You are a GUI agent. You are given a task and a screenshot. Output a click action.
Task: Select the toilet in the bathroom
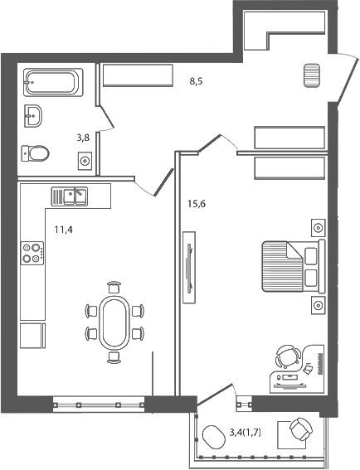click(x=35, y=152)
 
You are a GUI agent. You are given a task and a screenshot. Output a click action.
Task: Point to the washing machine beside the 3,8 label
click(x=85, y=159)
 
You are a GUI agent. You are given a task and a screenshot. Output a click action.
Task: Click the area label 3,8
click(x=84, y=138)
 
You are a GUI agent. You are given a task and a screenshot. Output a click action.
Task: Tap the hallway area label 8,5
click(x=197, y=81)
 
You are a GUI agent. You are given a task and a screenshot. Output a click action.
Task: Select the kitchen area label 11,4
click(x=64, y=230)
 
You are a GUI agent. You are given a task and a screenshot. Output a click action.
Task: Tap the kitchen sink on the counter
click(x=71, y=196)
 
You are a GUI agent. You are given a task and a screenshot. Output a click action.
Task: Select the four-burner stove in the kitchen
click(x=32, y=252)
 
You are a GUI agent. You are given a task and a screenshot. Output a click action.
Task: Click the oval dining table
click(x=114, y=323)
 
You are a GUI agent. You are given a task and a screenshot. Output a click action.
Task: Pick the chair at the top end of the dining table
click(x=114, y=288)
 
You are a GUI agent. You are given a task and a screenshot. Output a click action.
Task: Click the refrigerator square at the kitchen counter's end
click(x=31, y=335)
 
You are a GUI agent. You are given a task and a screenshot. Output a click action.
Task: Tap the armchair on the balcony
click(x=300, y=431)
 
